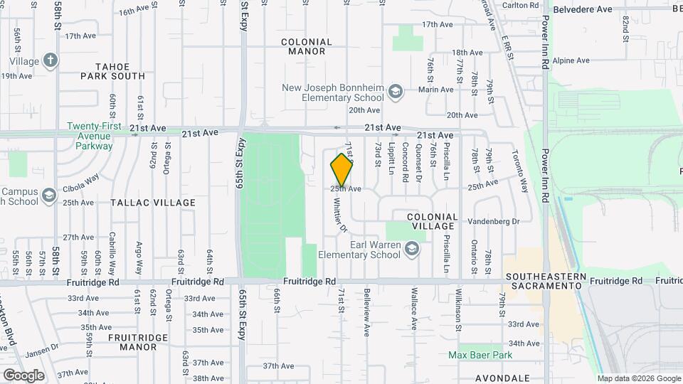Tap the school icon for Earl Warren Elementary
point(412,250)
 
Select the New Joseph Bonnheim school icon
point(396,92)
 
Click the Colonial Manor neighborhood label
point(307,46)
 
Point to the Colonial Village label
point(433,221)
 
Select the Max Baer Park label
point(480,354)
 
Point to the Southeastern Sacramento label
point(545,280)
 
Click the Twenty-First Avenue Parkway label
point(90,136)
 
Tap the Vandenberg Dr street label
point(496,221)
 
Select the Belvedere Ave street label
point(583,9)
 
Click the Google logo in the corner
point(23,375)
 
